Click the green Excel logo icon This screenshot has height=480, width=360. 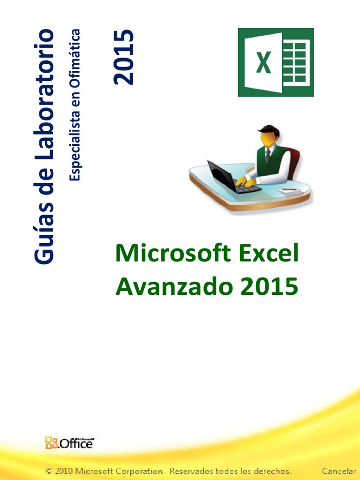point(276,62)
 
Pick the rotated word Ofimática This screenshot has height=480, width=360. point(75,52)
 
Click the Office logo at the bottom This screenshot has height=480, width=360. point(69,442)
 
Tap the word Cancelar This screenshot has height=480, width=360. point(338,470)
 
